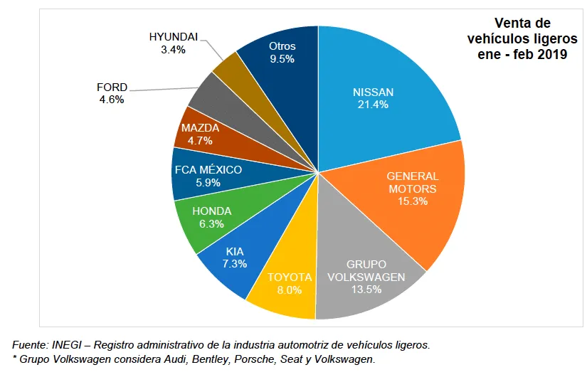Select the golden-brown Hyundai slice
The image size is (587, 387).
(x=230, y=68)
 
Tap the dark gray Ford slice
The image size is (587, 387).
(x=206, y=92)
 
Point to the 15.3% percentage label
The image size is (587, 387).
(x=413, y=201)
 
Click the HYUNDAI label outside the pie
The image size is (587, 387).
(x=174, y=37)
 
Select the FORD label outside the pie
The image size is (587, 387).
(x=112, y=88)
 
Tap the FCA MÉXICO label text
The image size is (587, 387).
(x=208, y=170)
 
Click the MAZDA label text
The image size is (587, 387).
(x=200, y=128)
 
